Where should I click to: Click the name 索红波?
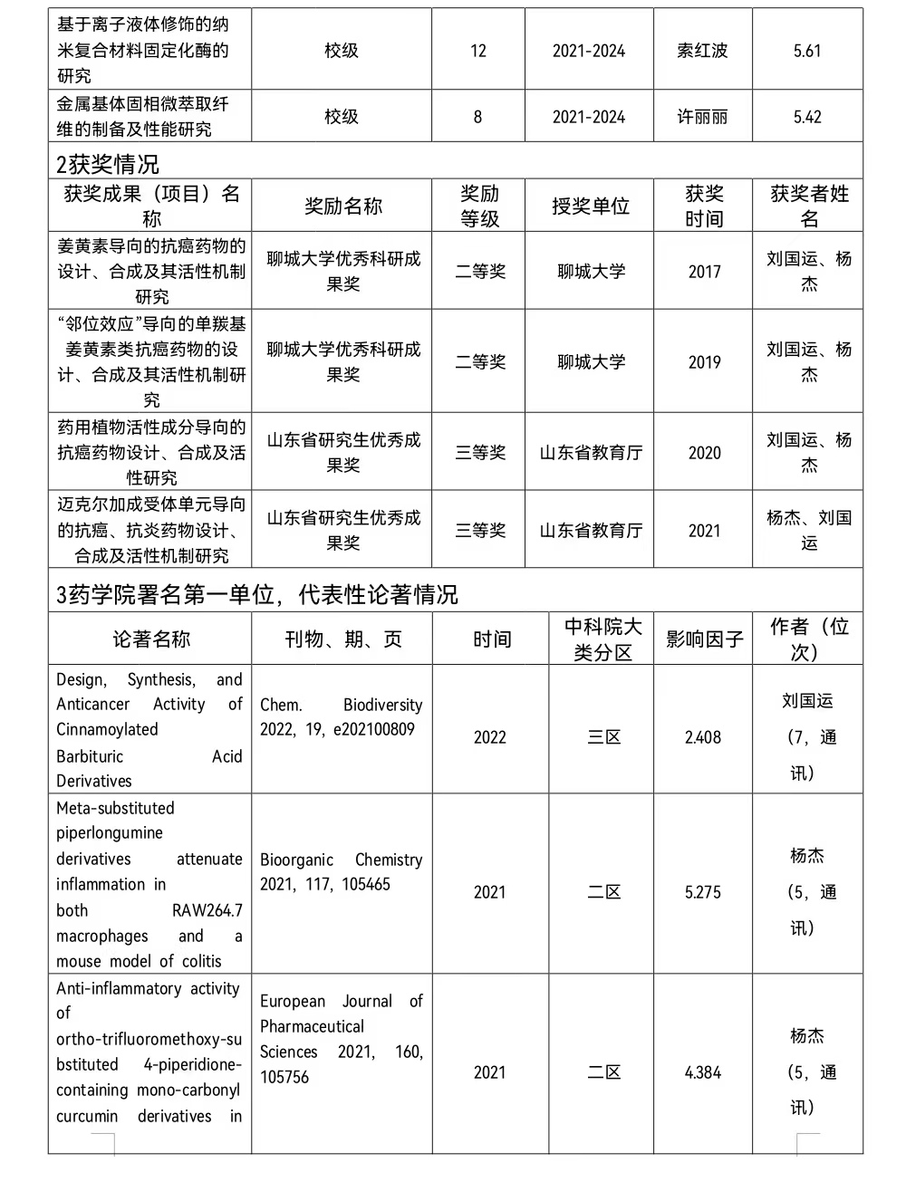coord(702,51)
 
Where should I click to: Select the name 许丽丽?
coord(702,117)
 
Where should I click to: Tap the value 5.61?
coord(806,51)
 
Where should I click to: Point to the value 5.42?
coord(806,117)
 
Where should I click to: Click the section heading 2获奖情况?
coord(108,164)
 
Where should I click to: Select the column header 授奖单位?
coord(590,207)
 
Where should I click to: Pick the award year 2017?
coord(704,272)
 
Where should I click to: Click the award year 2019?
coord(704,362)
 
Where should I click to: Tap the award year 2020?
coord(704,453)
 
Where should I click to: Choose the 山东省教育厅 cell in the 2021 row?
coord(591,531)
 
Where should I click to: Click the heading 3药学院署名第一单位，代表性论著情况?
coord(256,594)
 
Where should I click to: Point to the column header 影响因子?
coord(704,639)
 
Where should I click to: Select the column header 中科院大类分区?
coord(602,639)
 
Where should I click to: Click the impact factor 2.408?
coord(703,737)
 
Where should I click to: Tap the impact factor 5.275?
coord(703,892)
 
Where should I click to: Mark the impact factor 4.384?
coord(703,1072)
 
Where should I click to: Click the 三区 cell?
coord(603,737)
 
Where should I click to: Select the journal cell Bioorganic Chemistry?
coord(341,871)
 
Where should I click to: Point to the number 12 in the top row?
coord(477,51)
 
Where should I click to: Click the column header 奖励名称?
coord(343,207)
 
